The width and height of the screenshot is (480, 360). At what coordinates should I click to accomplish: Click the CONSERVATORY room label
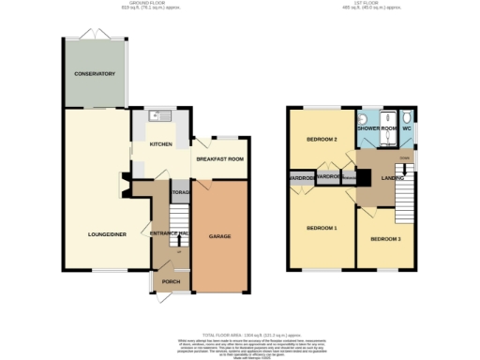(x=95, y=73)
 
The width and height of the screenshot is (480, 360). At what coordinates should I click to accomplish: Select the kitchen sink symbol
(x=158, y=118)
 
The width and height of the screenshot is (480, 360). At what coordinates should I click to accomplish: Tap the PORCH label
(x=171, y=281)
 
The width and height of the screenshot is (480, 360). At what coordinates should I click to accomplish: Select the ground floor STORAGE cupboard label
(x=181, y=192)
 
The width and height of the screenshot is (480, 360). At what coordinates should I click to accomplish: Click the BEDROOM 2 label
(x=322, y=139)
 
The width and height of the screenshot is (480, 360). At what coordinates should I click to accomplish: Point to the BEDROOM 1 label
(x=322, y=228)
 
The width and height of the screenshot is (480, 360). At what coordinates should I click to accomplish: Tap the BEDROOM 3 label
(x=384, y=239)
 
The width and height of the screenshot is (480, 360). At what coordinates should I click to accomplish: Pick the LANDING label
(x=393, y=176)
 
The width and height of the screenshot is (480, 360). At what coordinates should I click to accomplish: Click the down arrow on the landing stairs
(x=403, y=159)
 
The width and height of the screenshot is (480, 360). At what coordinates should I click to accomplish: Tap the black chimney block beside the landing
(x=349, y=177)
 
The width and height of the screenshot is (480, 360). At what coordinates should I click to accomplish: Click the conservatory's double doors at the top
(x=95, y=34)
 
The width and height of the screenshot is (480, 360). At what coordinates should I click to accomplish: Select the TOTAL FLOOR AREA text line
(x=240, y=332)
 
